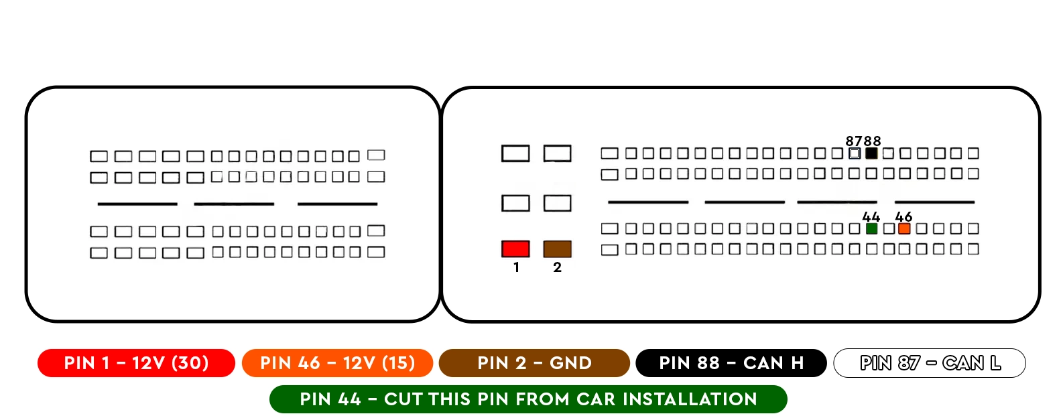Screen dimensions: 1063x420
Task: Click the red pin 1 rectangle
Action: point(515,249)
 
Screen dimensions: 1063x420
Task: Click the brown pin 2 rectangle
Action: point(557,249)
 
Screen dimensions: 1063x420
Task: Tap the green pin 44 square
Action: point(871,229)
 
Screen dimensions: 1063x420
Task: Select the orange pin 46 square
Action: point(904,229)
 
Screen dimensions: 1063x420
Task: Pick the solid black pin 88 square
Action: point(871,153)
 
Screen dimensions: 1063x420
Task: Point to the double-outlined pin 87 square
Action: point(854,153)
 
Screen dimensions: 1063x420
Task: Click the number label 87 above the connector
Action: point(854,141)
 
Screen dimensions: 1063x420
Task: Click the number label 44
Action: point(871,217)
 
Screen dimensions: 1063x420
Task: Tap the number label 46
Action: point(903,217)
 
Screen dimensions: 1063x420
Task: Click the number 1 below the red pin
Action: point(516,267)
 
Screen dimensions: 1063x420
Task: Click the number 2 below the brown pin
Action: point(558,267)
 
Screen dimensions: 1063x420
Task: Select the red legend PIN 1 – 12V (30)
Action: point(136,363)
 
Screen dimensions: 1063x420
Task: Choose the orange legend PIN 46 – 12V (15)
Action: point(337,363)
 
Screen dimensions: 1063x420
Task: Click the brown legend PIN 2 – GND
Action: point(534,363)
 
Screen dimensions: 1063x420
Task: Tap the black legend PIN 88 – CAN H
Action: point(731,363)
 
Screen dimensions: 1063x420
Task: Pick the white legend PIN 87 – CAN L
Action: point(930,363)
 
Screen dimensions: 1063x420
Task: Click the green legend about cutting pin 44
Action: point(528,399)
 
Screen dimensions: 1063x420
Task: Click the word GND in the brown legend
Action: point(570,363)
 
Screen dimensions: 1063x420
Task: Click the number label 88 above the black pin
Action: point(872,141)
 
